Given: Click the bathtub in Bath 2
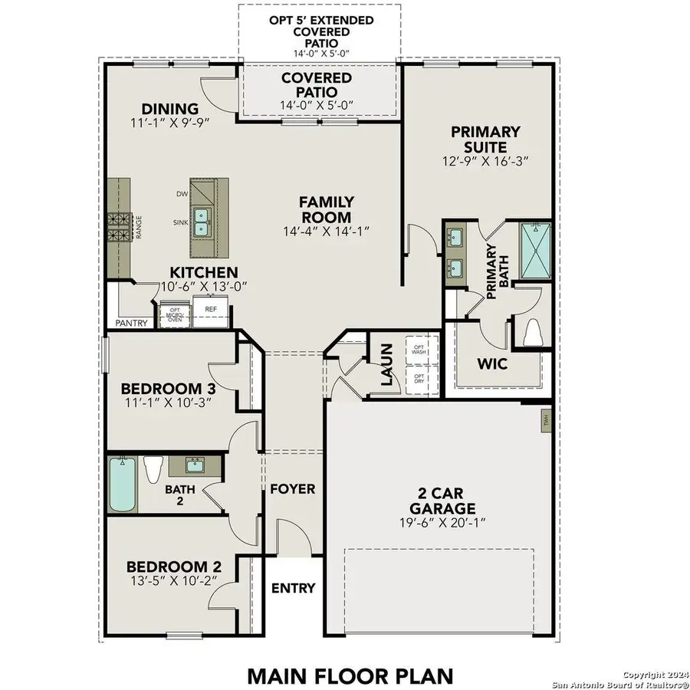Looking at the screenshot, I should click(x=123, y=485).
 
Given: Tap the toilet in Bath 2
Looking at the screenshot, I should click(x=154, y=468).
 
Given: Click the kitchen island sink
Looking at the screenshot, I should click(x=202, y=222).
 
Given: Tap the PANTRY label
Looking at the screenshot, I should click(x=131, y=324).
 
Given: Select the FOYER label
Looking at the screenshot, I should click(x=293, y=488).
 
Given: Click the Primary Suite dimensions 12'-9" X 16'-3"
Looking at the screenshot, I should click(x=485, y=161).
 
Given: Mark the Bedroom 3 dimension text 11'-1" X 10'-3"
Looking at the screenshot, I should click(x=166, y=401).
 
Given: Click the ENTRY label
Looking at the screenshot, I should click(x=293, y=588).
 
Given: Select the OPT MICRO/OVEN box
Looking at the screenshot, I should click(x=175, y=314).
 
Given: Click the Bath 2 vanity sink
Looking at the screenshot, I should click(x=195, y=465).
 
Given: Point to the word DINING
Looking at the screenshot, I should click(x=169, y=109).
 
